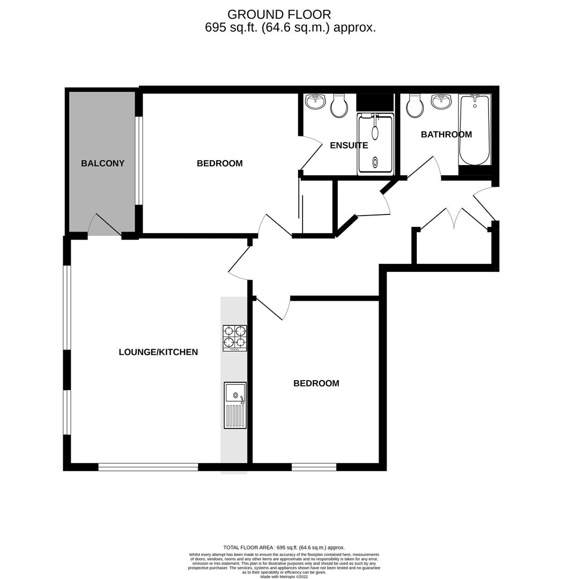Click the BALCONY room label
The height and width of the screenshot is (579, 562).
102,163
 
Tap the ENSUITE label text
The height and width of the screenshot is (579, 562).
349,145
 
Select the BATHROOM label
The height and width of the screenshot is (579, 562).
446,135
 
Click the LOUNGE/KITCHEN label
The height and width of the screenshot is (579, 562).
158,352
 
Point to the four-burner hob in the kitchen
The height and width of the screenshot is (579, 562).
234,338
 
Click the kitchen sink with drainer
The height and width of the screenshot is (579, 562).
235,405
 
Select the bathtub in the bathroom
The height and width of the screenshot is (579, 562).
474,130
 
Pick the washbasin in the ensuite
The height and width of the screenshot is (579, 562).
315,101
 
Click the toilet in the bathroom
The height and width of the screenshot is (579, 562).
415,106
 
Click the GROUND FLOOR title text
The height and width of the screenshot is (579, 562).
279,14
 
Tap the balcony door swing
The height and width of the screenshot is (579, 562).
104,225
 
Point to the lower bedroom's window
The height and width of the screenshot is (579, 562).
314,467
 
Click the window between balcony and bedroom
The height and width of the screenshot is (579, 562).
139,161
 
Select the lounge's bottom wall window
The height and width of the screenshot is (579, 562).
148,467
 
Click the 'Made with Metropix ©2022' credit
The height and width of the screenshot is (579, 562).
284,576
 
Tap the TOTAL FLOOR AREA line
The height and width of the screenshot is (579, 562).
284,547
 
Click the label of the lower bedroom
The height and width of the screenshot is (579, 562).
316,383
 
